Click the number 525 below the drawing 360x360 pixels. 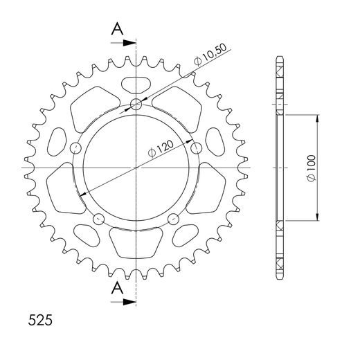pyautogui.click(x=39, y=322)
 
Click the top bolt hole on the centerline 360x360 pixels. pyautogui.click(x=136, y=105)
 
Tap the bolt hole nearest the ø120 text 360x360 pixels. pyautogui.click(x=196, y=147)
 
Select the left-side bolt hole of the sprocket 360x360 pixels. pyautogui.click(x=75, y=147)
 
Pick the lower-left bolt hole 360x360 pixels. pyautogui.click(x=98, y=219)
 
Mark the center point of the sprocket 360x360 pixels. pyautogui.click(x=136, y=168)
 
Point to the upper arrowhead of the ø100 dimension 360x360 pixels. pyautogui.click(x=317, y=118)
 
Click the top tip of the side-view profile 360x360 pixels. pyautogui.click(x=280, y=56)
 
